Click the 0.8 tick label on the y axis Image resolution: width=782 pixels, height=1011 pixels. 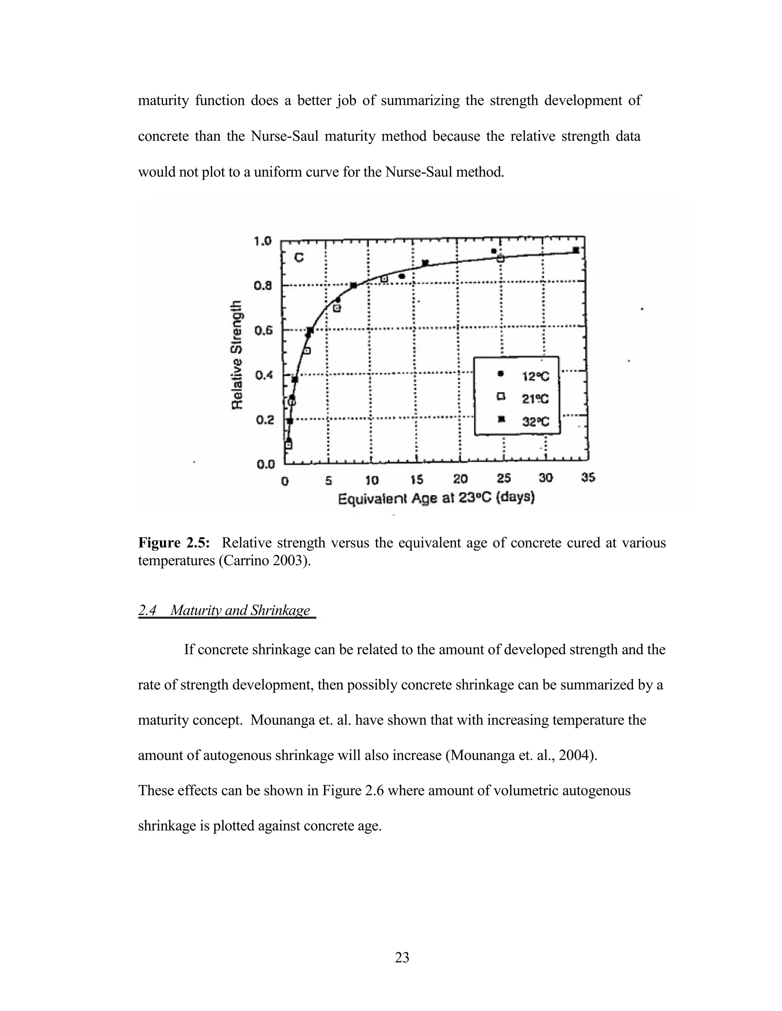click(x=263, y=286)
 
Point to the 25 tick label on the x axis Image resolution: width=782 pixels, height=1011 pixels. click(x=504, y=478)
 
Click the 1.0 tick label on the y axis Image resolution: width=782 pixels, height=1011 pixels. click(x=263, y=241)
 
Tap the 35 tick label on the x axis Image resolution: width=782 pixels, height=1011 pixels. click(x=588, y=477)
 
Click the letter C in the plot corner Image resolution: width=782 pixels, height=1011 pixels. click(x=299, y=258)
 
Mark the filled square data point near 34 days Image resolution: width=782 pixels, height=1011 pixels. click(x=576, y=250)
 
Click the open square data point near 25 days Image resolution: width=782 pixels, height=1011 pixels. click(x=501, y=258)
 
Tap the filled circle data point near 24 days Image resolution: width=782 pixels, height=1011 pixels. click(x=494, y=251)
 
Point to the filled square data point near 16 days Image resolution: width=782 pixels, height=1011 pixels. click(x=425, y=263)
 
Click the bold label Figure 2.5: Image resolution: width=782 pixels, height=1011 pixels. click(x=174, y=543)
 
